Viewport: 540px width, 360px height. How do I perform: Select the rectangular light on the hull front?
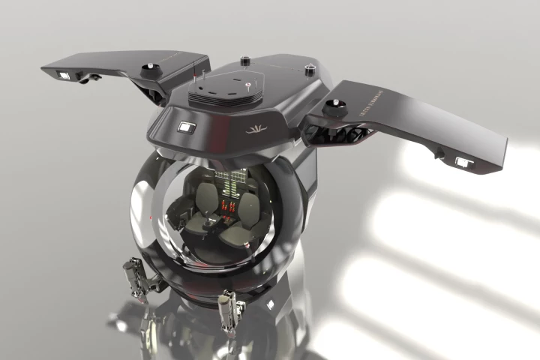tap(185, 128)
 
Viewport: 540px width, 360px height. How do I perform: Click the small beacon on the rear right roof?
tap(308, 70)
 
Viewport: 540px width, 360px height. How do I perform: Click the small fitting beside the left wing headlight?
tap(93, 77)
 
